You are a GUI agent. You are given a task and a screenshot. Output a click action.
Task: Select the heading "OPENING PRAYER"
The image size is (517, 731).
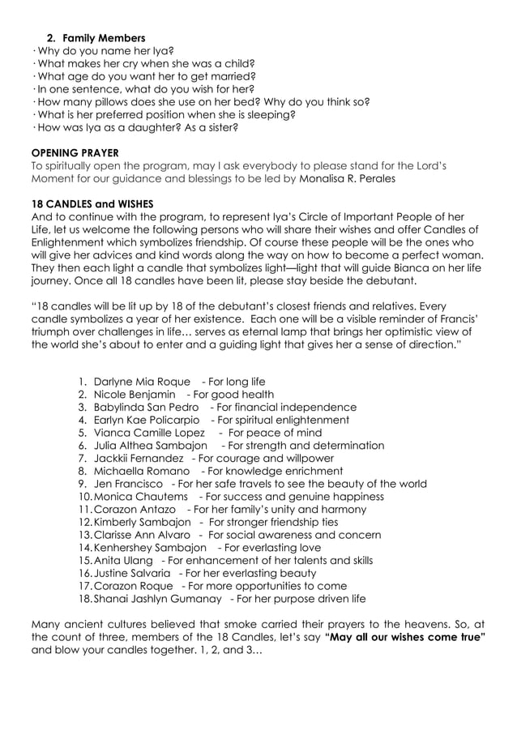[75, 152]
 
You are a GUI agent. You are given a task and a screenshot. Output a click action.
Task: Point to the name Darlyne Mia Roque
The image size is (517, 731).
[142, 382]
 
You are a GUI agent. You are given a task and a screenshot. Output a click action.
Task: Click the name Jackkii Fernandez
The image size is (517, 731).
[139, 458]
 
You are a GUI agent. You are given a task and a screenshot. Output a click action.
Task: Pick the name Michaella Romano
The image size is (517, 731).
[142, 471]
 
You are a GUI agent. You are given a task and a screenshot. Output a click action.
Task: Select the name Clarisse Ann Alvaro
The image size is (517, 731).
[142, 535]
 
